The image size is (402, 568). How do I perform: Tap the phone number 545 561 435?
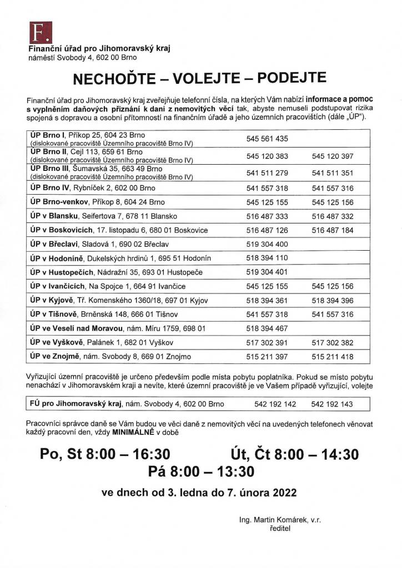pyautogui.click(x=267, y=139)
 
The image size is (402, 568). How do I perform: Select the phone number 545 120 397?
pyautogui.click(x=333, y=156)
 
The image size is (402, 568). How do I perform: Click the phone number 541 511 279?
pyautogui.click(x=267, y=173)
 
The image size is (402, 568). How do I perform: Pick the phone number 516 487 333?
pyautogui.click(x=267, y=216)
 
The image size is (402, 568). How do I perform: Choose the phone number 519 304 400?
pyautogui.click(x=267, y=244)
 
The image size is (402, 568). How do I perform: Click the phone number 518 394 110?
pyautogui.click(x=267, y=258)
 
